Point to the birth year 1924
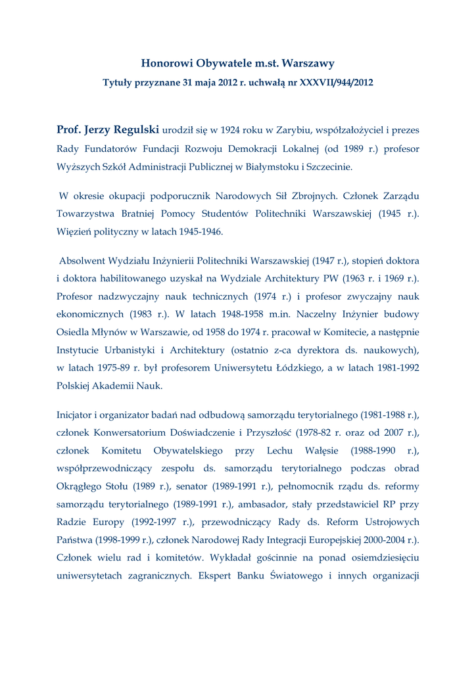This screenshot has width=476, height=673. pos(234,131)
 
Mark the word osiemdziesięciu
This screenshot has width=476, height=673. pos(383,558)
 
